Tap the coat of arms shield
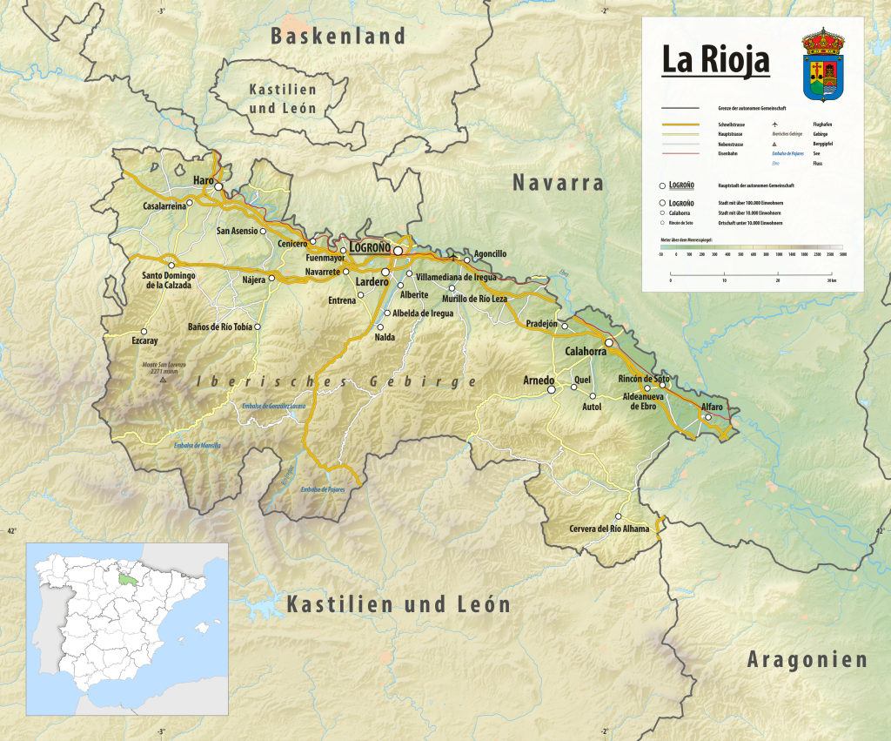822,71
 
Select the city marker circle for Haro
219,186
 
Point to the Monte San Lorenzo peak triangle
162,380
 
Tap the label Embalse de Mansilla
198,445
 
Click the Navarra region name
558,183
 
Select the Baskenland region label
338,36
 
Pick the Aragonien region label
807,659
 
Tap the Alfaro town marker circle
708,417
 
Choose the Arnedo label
539,381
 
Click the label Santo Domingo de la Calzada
170,280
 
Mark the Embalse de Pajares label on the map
323,490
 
